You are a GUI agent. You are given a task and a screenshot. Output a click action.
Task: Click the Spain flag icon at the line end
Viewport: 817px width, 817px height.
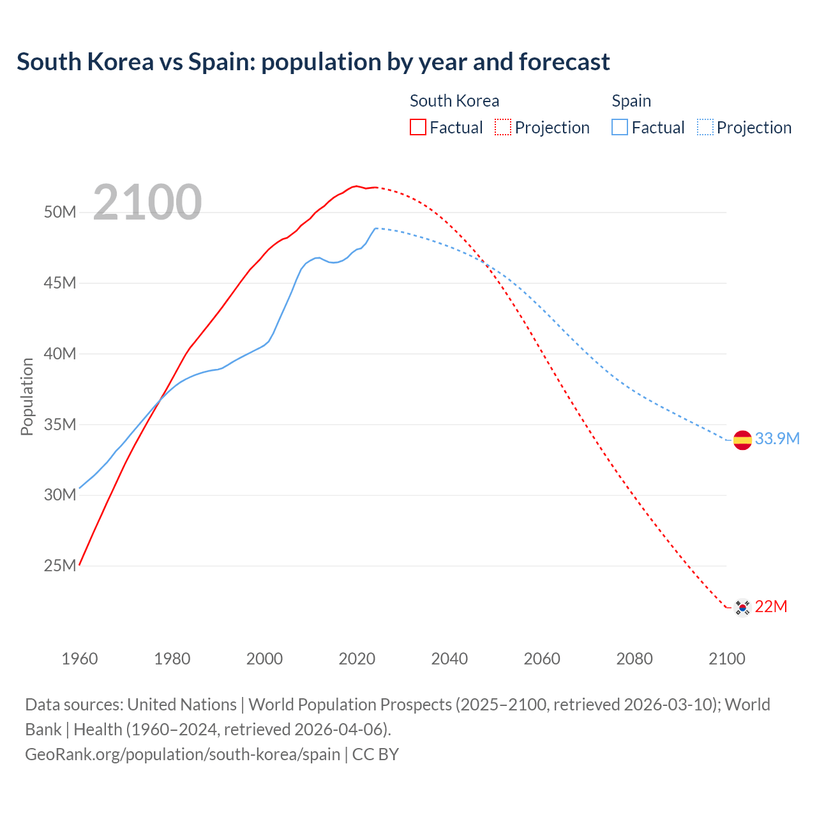(x=742, y=440)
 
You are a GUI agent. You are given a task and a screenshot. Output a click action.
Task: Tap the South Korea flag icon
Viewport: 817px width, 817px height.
(x=742, y=607)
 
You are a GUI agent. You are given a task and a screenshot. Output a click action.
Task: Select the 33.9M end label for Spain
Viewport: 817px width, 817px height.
(x=777, y=438)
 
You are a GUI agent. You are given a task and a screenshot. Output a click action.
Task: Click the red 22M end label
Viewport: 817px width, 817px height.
(x=771, y=606)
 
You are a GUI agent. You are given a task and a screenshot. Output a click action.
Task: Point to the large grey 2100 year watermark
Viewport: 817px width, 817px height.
(x=147, y=203)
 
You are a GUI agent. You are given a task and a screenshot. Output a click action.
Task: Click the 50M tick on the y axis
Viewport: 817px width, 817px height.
(x=60, y=212)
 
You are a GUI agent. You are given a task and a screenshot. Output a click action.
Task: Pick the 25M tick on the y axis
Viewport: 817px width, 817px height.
(x=60, y=566)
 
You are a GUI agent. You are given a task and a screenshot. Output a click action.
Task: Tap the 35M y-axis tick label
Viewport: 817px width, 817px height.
(x=60, y=424)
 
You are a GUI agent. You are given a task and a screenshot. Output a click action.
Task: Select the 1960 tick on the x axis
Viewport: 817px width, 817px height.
(x=80, y=659)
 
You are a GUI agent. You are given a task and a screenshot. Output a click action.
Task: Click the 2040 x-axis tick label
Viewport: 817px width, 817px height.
(x=449, y=659)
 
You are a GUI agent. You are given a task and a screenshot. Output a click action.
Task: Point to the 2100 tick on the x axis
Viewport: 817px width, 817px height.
(x=726, y=659)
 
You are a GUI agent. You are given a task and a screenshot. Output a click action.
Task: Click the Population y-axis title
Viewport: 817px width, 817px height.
(x=27, y=396)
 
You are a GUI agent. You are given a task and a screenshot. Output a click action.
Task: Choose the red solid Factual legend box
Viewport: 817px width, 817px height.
(x=417, y=127)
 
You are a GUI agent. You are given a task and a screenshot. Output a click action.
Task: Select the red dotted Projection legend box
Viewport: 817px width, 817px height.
(x=503, y=127)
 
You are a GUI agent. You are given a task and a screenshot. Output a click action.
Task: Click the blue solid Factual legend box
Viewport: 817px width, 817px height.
(x=620, y=127)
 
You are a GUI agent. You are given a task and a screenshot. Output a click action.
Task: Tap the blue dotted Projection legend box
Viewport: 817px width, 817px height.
(x=705, y=127)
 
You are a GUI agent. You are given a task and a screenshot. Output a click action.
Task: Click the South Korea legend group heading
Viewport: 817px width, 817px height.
(x=454, y=101)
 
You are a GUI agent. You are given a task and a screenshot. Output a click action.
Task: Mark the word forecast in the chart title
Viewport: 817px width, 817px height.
(x=564, y=62)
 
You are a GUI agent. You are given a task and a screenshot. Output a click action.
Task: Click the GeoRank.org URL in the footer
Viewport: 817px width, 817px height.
(x=183, y=754)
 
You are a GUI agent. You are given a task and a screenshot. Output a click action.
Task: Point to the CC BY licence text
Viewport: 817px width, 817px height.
(x=376, y=754)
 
